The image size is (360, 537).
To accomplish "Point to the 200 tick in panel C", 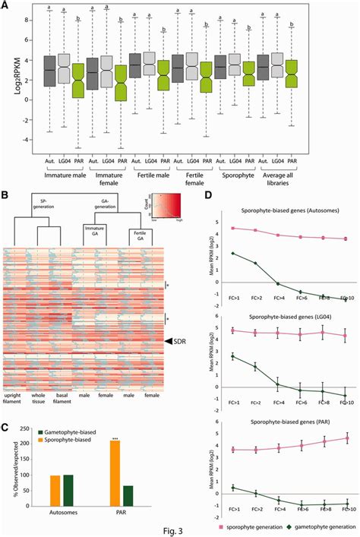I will (28, 462).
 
